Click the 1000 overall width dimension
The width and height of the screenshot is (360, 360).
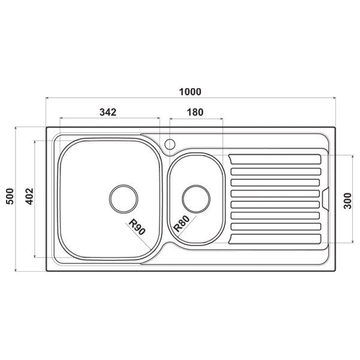pos(190,92)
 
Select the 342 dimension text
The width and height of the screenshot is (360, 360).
pos(108,112)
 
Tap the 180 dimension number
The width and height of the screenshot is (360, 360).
pos(195,112)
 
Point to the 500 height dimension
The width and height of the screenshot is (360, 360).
pos(10,196)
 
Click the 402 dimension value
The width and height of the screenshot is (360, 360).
pos(29,197)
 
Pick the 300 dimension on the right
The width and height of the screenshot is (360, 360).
pos(347,201)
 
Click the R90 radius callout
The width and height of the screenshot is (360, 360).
pos(137,227)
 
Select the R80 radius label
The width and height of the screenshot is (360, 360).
pos(182,224)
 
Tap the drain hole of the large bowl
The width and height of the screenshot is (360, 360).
pos(124,199)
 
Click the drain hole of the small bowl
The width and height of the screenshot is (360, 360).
pos(196,199)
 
